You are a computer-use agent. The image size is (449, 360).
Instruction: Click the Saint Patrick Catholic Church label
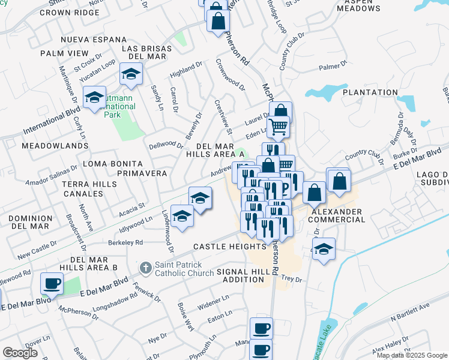184,269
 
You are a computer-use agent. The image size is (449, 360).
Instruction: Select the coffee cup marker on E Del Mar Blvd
52,283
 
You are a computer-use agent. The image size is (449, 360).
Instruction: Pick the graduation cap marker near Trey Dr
324,249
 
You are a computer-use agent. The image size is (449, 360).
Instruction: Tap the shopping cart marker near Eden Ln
278,127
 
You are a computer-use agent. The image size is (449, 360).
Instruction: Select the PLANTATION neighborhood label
370,92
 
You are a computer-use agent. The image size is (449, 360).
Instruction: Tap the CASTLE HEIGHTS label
229,247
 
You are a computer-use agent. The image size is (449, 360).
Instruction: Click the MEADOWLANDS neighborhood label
46,146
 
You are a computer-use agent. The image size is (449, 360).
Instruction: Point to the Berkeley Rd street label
125,242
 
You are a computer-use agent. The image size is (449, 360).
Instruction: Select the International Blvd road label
52,122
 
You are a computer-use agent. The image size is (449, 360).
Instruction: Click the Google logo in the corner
20,352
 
